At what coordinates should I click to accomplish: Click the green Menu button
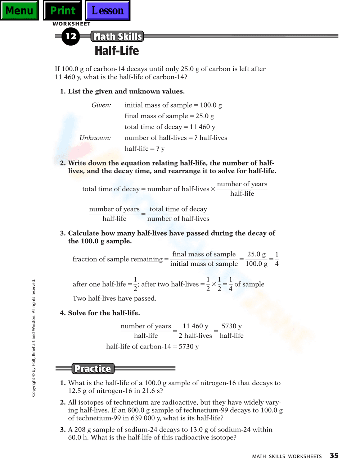click(19, 10)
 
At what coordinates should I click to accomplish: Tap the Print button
click(63, 10)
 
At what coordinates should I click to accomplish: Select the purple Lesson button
click(107, 10)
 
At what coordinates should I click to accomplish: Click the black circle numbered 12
click(71, 36)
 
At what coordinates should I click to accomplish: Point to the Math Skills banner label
click(117, 37)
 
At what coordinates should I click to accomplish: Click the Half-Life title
click(117, 51)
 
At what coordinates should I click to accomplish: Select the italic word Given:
click(101, 105)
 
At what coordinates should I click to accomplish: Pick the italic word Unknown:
click(95, 138)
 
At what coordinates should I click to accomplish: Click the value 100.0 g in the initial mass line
click(211, 105)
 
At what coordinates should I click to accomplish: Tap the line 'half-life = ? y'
click(144, 149)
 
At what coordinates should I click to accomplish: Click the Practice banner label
click(93, 369)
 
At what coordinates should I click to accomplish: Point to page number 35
click(334, 456)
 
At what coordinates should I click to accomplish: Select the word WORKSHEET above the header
click(72, 24)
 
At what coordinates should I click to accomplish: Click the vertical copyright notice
click(33, 338)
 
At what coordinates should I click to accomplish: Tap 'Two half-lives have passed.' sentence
click(114, 298)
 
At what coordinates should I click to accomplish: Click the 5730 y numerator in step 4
click(231, 326)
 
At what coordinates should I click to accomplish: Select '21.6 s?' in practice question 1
click(152, 391)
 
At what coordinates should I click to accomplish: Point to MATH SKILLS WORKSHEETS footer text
click(287, 456)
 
